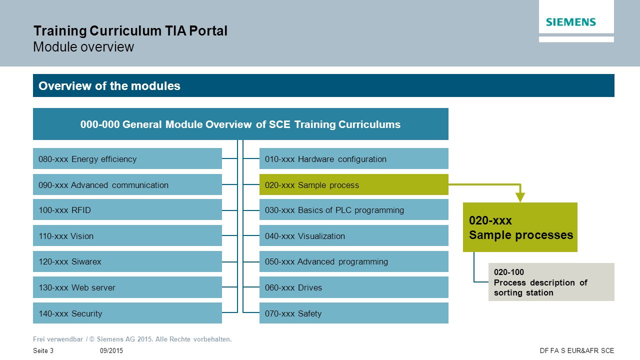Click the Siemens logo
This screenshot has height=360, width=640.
click(571, 22)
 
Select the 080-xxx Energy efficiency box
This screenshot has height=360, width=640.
click(127, 158)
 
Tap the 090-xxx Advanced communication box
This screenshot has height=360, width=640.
click(127, 184)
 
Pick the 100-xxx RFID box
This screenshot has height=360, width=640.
click(127, 209)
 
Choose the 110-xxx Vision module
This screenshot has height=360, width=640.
click(127, 235)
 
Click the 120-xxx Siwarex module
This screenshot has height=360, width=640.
click(127, 261)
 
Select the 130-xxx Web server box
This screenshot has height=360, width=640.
click(127, 287)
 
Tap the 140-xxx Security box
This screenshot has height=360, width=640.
click(127, 313)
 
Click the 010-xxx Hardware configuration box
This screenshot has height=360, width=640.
click(353, 158)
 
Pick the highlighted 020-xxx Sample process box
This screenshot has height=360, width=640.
click(353, 184)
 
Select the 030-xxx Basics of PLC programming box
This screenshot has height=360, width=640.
click(353, 209)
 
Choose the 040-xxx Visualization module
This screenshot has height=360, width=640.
click(353, 235)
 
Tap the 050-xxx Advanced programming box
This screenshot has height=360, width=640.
click(353, 261)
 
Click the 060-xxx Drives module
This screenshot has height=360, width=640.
click(353, 287)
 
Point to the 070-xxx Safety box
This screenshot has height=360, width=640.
click(353, 313)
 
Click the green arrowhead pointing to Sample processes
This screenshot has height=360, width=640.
click(520, 197)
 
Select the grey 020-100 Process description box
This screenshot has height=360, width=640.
click(551, 282)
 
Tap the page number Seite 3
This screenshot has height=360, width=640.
click(43, 350)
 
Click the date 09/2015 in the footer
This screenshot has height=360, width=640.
click(111, 350)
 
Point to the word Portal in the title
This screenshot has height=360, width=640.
click(208, 31)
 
